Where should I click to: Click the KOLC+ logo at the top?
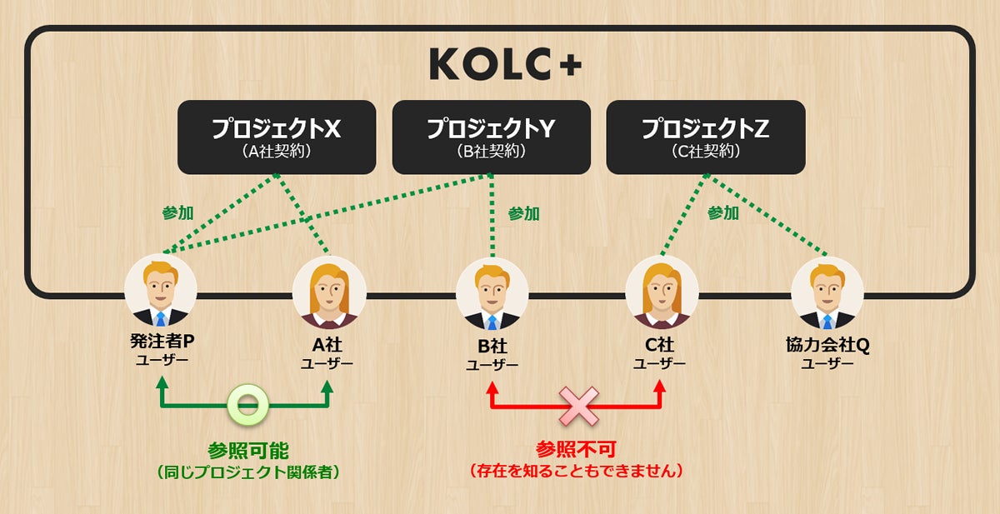tap(506, 64)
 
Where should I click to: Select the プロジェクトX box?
tap(276, 137)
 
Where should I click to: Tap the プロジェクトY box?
tap(491, 137)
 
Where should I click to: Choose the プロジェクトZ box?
tap(705, 137)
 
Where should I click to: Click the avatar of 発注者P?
tap(161, 291)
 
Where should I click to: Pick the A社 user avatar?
tap(328, 291)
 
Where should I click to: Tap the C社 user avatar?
tap(662, 291)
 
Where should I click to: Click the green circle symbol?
tap(247, 406)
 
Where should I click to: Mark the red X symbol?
tap(576, 406)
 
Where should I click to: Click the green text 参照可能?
tap(247, 451)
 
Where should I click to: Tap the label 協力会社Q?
tap(827, 345)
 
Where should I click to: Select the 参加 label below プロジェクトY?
tap(523, 214)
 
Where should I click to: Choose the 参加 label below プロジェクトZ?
tap(722, 213)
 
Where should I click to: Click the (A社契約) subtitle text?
tap(276, 152)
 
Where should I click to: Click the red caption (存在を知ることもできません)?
tap(576, 472)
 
